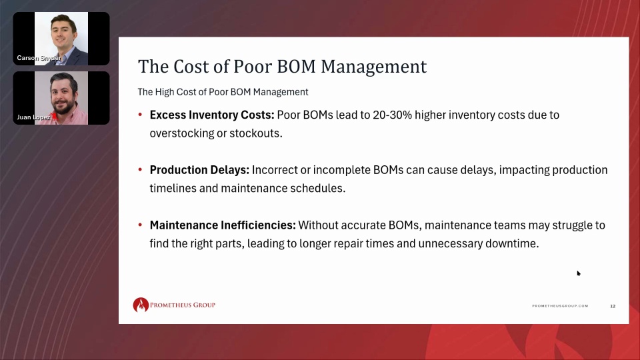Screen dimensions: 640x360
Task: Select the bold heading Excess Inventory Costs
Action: [212, 115]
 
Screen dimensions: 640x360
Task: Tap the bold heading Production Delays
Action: [199, 170]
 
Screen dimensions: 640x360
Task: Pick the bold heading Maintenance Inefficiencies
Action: [223, 225]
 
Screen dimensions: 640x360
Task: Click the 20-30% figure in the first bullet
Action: [392, 115]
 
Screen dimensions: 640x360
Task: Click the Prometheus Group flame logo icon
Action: [141, 305]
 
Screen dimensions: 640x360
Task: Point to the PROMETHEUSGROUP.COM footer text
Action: [560, 306]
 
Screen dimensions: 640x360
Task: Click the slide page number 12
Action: [613, 306]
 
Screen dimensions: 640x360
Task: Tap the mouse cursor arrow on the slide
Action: [579, 273]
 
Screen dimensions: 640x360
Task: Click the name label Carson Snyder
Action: [39, 58]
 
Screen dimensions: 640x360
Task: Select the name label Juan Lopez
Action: [33, 117]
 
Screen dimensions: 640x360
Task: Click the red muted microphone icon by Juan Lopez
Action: [54, 117]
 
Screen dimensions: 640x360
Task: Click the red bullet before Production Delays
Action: [140, 170]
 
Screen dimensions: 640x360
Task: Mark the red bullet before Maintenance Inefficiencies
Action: [140, 225]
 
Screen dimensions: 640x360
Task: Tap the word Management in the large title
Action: [373, 67]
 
